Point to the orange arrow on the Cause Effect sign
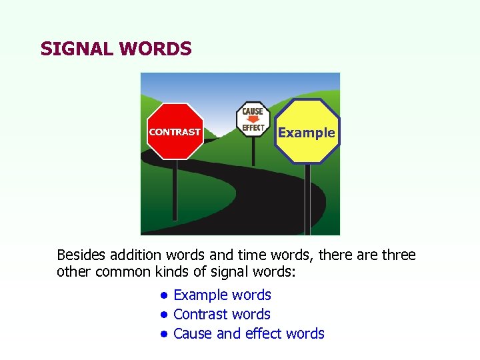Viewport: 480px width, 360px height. (253, 119)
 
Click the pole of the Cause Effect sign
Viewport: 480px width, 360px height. (253, 150)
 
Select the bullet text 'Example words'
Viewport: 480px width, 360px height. (222, 295)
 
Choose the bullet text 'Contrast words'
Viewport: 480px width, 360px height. (221, 314)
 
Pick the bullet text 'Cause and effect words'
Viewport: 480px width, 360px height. (249, 333)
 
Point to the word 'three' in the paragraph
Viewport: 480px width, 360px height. (397, 255)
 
